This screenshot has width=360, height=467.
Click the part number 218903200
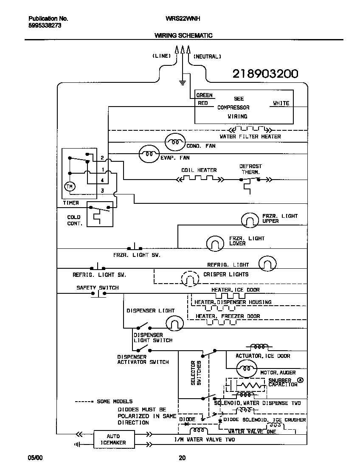tap(265, 74)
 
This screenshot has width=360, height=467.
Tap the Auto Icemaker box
tap(113, 439)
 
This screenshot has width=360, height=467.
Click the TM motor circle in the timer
tap(69, 187)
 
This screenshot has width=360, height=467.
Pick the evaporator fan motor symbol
tap(149, 155)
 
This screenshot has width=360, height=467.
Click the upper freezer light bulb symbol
tap(250, 219)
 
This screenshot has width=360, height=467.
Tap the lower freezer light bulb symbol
tap(215, 243)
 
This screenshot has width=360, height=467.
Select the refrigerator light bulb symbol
tap(267, 263)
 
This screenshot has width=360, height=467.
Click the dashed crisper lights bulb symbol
tap(190, 279)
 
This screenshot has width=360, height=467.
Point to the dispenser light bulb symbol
tap(174, 324)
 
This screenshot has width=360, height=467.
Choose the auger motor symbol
tap(245, 367)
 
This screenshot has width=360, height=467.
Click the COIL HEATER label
tap(199, 170)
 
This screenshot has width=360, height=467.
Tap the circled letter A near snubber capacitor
tap(301, 380)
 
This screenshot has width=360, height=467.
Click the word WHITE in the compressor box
tap(281, 103)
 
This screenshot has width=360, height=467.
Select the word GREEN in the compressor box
tap(205, 96)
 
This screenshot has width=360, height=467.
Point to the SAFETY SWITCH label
tap(98, 287)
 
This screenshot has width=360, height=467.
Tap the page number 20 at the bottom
tap(182, 458)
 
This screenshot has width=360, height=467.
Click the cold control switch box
tap(101, 214)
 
